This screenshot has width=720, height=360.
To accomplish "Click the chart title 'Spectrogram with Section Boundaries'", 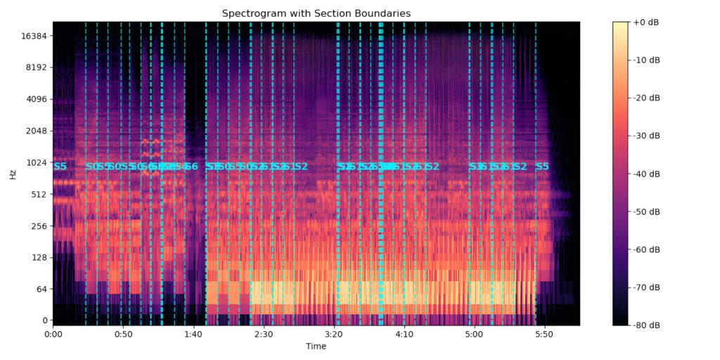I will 316,13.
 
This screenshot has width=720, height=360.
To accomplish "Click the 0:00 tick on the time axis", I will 53,335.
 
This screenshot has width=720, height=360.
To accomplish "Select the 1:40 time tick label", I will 193,335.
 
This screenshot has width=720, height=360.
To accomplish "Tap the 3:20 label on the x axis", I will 334,335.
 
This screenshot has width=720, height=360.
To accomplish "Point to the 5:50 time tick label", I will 545,335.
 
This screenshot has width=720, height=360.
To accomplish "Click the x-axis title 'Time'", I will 316,346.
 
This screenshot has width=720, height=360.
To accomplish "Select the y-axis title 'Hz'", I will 13,174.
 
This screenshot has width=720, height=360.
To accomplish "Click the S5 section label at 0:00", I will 60,167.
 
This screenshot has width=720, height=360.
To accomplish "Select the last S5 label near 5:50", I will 542,167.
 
